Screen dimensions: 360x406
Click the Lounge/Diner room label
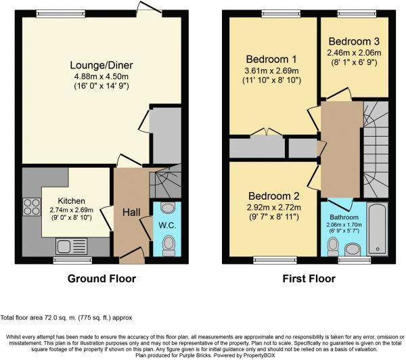tap(101, 65)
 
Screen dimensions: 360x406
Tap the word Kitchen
tap(70, 201)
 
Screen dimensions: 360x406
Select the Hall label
tap(131, 212)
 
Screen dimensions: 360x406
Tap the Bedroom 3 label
tap(355, 39)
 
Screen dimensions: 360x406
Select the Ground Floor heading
tap(101, 278)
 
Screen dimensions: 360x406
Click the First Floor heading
tap(309, 278)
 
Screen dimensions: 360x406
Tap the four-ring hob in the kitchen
tap(31, 206)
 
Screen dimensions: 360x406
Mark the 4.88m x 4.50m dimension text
tap(101, 76)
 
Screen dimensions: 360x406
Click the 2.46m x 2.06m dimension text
tap(355, 51)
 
